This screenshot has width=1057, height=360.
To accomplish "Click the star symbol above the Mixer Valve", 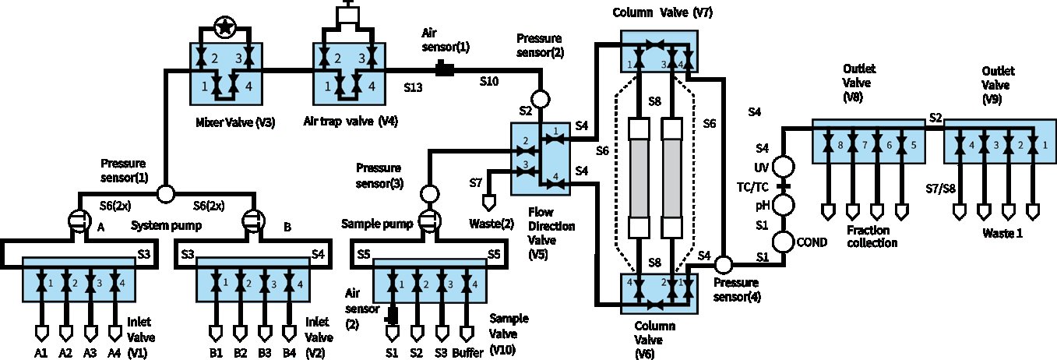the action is point(225,27).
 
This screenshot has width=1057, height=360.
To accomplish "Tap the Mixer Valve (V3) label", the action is point(235,122).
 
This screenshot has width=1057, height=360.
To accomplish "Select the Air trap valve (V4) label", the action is point(351,122).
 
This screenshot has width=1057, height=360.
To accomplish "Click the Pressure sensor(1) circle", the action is point(166,194).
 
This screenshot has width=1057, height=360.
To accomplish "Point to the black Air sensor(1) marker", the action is point(445,69).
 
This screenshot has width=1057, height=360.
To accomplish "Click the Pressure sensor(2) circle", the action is point(541,100).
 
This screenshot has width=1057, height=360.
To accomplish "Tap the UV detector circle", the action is point(784,167).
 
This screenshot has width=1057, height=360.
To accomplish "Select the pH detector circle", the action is point(784,205).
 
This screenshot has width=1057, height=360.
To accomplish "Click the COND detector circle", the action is point(784,242).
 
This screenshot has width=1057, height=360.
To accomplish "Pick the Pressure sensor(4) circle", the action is point(723,264).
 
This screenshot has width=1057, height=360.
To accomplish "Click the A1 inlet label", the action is point(41,353).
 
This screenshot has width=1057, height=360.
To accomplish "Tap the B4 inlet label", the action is point(289,353).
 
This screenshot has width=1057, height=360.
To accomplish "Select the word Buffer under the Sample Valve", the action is point(467,353).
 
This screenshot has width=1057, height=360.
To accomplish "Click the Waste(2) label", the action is point(492,224).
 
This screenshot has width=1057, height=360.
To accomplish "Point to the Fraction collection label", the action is point(872,236).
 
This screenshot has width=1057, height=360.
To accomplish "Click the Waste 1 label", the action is point(1002,233).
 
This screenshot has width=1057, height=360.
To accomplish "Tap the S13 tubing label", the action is point(413,87).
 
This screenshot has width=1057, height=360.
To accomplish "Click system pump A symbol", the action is point(79,221).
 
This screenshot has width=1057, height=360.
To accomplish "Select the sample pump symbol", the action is point(430,221).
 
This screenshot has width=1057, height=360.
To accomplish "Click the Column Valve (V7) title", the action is point(662,12).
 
